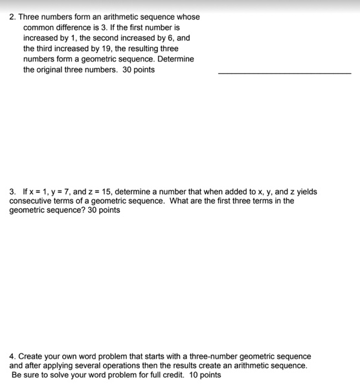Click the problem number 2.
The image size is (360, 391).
tap(12, 17)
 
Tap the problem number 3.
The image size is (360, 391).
tap(12, 192)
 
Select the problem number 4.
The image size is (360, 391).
tap(12, 357)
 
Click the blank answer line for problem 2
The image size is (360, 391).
tap(284, 73)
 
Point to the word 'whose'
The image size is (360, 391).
tap(188, 17)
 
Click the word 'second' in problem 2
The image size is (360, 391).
tap(115, 38)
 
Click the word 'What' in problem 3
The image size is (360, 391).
tap(179, 201)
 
